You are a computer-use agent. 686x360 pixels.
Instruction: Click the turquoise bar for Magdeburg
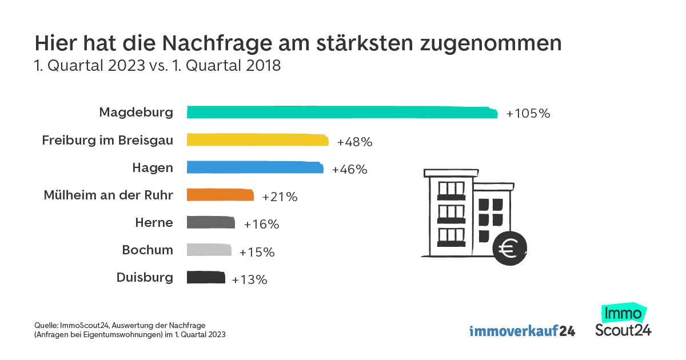(x=342, y=113)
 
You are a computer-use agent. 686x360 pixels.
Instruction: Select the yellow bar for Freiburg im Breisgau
(x=258, y=141)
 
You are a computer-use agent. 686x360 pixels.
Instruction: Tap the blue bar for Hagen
(x=255, y=168)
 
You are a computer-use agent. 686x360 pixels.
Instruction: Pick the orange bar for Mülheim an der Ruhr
(x=220, y=195)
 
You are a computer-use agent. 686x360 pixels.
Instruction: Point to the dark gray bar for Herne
(x=211, y=223)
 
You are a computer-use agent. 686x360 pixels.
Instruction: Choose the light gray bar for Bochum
(x=209, y=250)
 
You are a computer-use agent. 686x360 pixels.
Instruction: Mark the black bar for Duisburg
(x=206, y=278)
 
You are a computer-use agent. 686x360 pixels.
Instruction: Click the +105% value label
(x=528, y=114)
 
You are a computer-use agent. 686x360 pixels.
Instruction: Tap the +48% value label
(x=355, y=142)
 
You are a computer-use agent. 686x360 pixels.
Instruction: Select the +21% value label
(x=280, y=197)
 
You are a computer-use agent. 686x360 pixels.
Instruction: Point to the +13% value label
(x=250, y=280)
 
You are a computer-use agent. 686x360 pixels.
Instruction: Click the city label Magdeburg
(x=136, y=112)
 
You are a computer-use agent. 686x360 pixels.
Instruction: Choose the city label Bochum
(x=147, y=250)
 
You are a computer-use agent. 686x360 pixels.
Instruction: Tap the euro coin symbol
(x=509, y=249)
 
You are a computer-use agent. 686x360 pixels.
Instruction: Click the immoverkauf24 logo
(x=522, y=331)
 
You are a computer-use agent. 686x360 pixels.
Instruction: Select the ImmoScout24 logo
(x=623, y=321)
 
